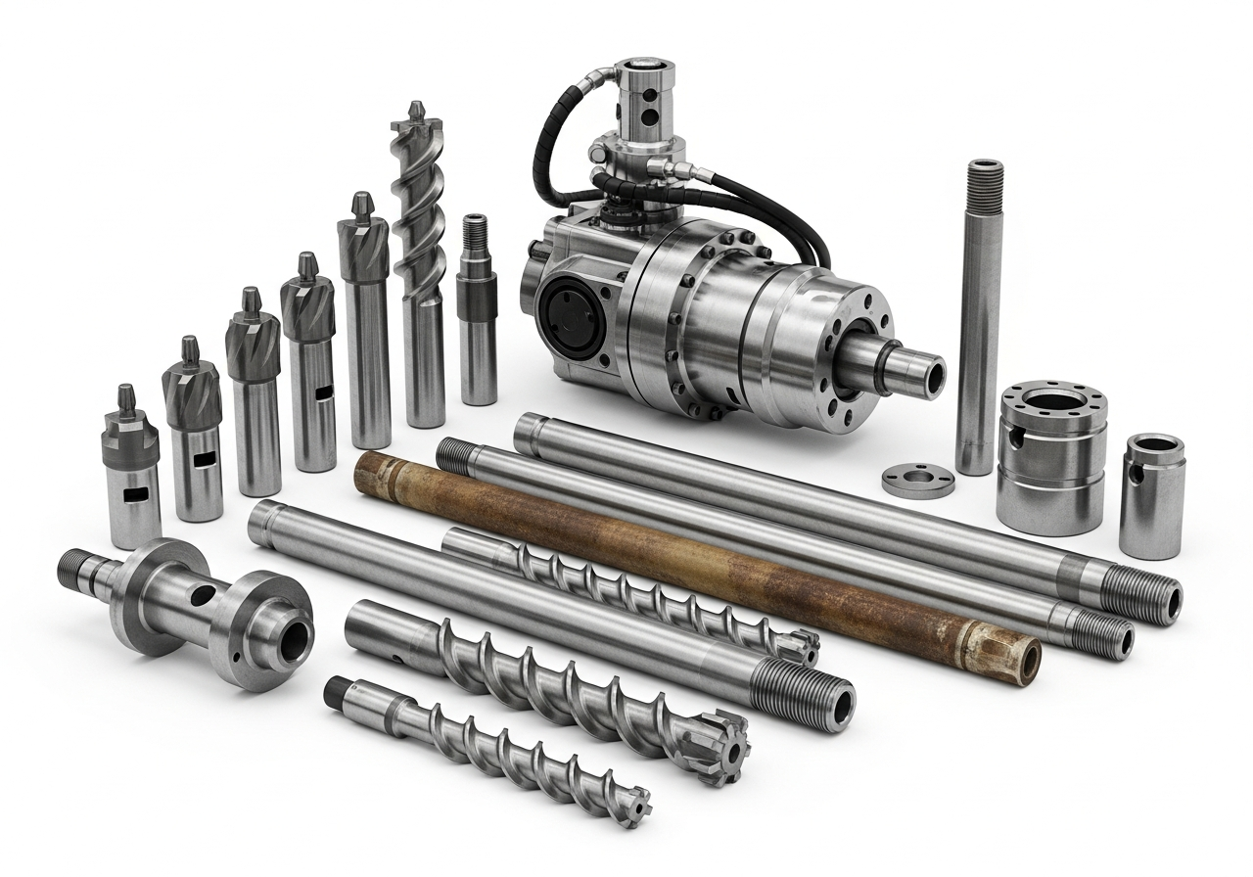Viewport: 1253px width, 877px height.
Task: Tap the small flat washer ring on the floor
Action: coord(917,480)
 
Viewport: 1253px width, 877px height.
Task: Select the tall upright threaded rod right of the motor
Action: coord(980,313)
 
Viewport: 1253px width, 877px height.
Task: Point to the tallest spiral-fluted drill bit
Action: coord(421,264)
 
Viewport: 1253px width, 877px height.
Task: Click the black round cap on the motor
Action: coord(568,313)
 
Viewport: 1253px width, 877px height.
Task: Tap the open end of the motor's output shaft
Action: coord(930,376)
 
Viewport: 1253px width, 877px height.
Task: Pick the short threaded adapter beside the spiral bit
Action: coord(477,313)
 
